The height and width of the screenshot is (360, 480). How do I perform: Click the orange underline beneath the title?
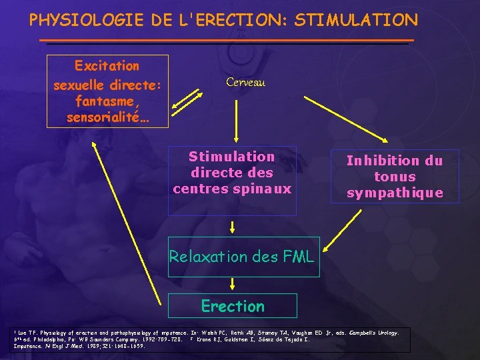click(227, 41)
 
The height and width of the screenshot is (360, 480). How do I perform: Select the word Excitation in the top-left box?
click(107, 66)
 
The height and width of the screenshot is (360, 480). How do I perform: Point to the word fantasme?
click(107, 101)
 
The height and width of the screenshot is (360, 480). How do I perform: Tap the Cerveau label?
click(245, 82)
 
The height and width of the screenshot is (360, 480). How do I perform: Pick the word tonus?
click(395, 177)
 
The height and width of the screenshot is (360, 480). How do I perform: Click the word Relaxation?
click(207, 256)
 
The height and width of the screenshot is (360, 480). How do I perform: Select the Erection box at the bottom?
click(233, 306)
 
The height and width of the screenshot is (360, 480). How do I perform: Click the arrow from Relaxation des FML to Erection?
click(231, 285)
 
